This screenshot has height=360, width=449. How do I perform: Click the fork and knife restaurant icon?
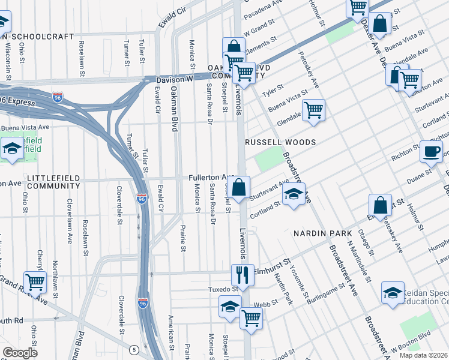(x=243, y=275)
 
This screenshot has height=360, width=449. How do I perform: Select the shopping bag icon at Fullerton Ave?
(x=239, y=187)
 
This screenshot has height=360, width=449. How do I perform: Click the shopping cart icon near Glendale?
(x=313, y=110)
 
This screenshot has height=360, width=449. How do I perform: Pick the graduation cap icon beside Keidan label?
(x=393, y=293)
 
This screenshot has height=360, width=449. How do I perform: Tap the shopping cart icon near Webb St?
(x=251, y=319)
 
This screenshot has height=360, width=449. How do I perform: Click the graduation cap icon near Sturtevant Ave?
(x=293, y=194)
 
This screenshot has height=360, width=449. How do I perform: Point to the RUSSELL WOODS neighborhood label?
(x=280, y=142)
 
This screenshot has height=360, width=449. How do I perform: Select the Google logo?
(x=20, y=353)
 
